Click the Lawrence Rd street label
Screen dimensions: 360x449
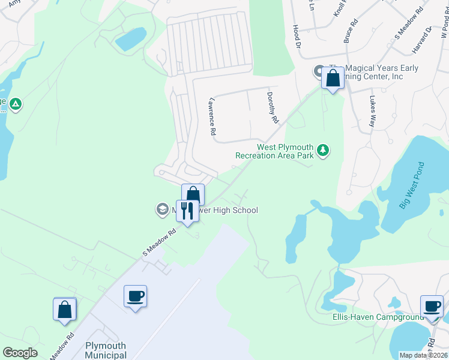click(x=212, y=116)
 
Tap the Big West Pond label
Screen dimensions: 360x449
click(x=412, y=185)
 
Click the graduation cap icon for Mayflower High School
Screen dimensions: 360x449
click(x=161, y=209)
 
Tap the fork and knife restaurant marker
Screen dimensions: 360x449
click(x=187, y=211)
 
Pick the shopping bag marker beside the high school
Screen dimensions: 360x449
click(x=193, y=194)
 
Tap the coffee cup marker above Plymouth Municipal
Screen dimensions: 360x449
click(x=135, y=296)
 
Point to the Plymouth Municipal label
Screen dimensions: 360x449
click(x=106, y=350)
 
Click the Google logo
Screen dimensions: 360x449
click(x=20, y=353)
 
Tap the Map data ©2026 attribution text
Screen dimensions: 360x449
click(x=423, y=355)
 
